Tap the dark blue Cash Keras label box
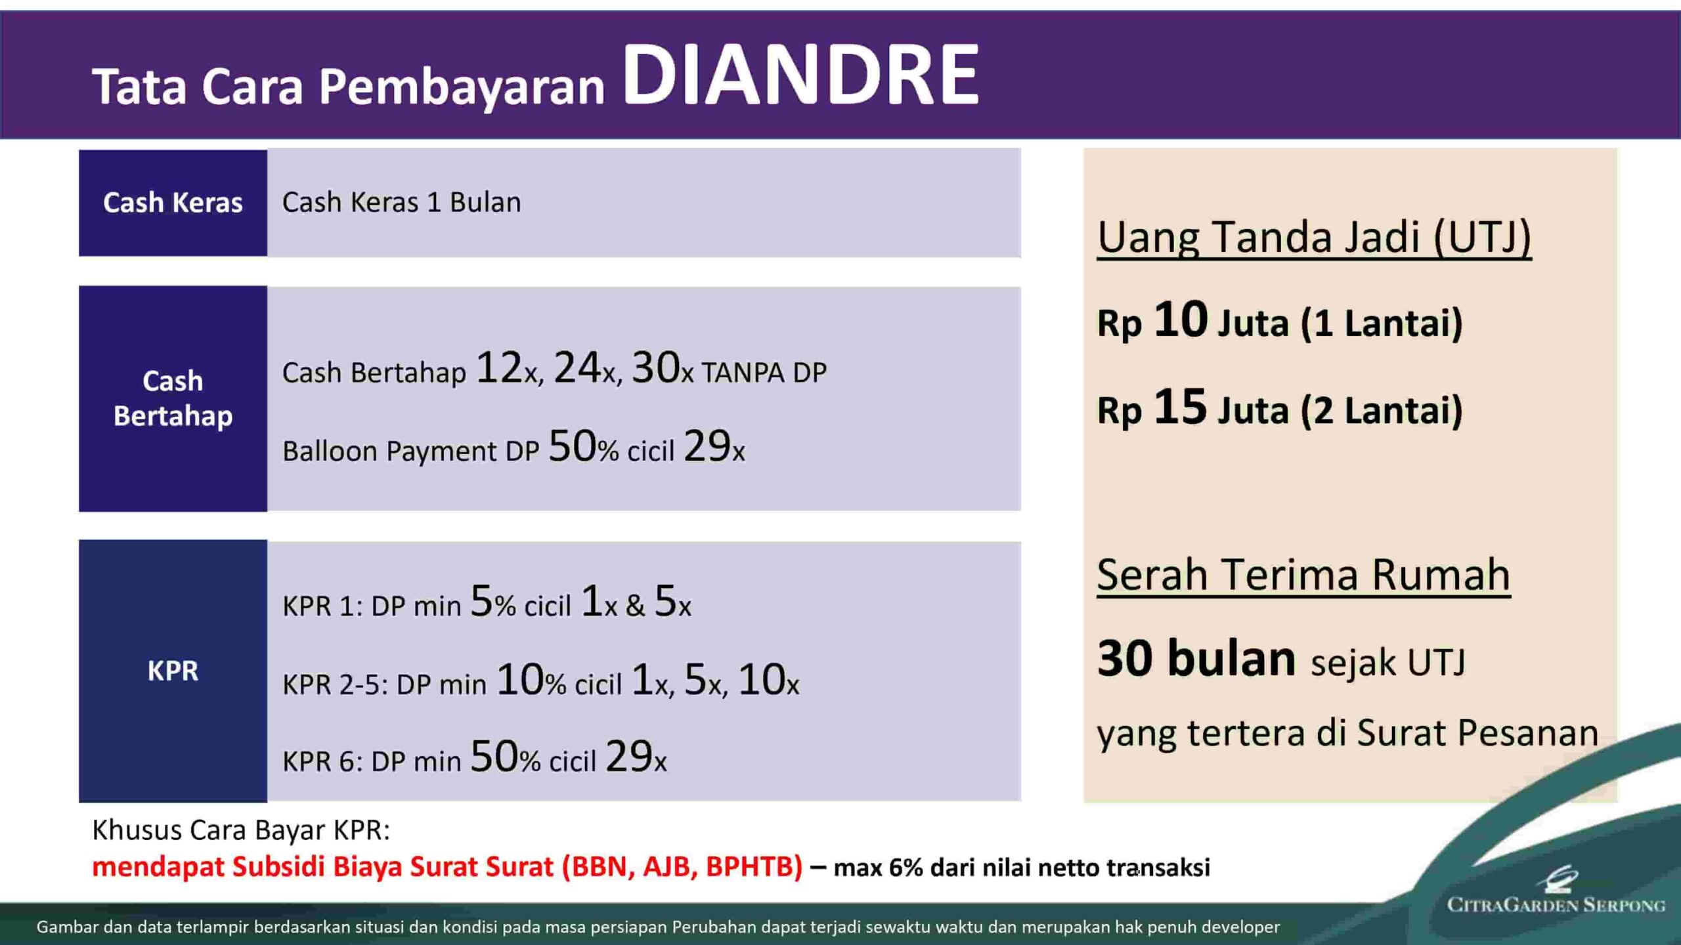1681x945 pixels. pos(173,203)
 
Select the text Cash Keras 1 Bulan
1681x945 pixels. pos(401,202)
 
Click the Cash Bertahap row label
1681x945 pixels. pos(173,398)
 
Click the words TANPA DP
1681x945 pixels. pos(764,373)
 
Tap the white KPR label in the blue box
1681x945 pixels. pos(173,671)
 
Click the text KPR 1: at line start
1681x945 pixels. pos(322,606)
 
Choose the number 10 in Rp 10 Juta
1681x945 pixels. pos(1180,320)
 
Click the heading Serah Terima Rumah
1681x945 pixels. pos(1303,575)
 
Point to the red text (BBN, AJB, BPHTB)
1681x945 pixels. pos(682,866)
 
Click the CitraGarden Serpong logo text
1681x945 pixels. pos(1556,905)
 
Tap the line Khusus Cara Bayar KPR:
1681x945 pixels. pos(241,830)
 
